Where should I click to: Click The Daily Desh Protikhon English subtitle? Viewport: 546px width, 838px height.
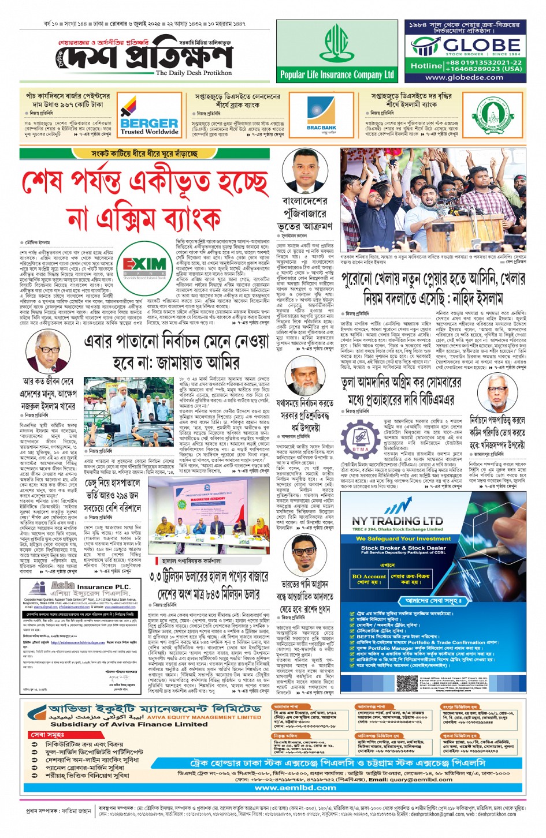(x=194, y=73)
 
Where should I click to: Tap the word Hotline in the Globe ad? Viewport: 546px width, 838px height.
(x=426, y=66)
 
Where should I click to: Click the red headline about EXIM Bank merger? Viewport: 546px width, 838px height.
(x=146, y=201)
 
